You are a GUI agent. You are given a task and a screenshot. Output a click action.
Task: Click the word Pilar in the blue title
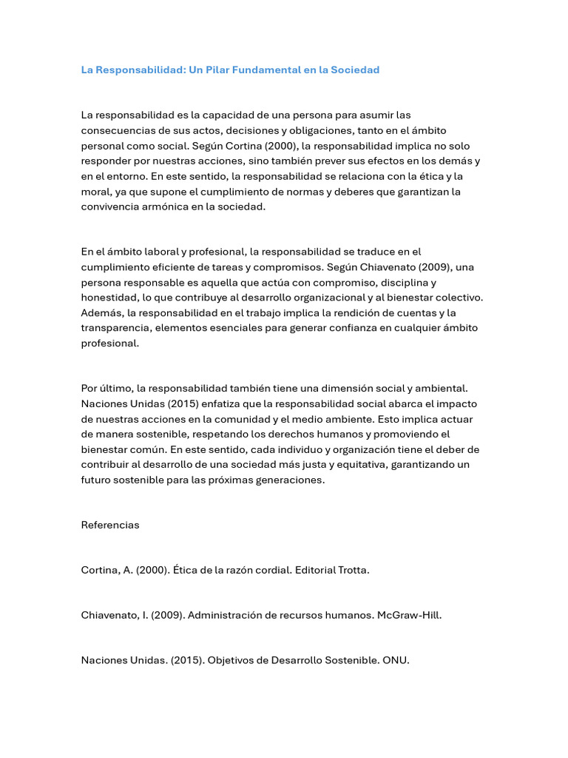(x=225, y=70)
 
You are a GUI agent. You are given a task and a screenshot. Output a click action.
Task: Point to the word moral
(x=95, y=192)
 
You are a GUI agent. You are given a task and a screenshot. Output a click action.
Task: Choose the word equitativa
(x=351, y=465)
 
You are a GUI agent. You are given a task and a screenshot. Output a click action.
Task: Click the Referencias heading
(x=110, y=525)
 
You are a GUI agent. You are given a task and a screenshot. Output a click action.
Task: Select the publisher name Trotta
(x=352, y=571)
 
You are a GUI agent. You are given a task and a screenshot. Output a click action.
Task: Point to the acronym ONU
(x=396, y=661)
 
